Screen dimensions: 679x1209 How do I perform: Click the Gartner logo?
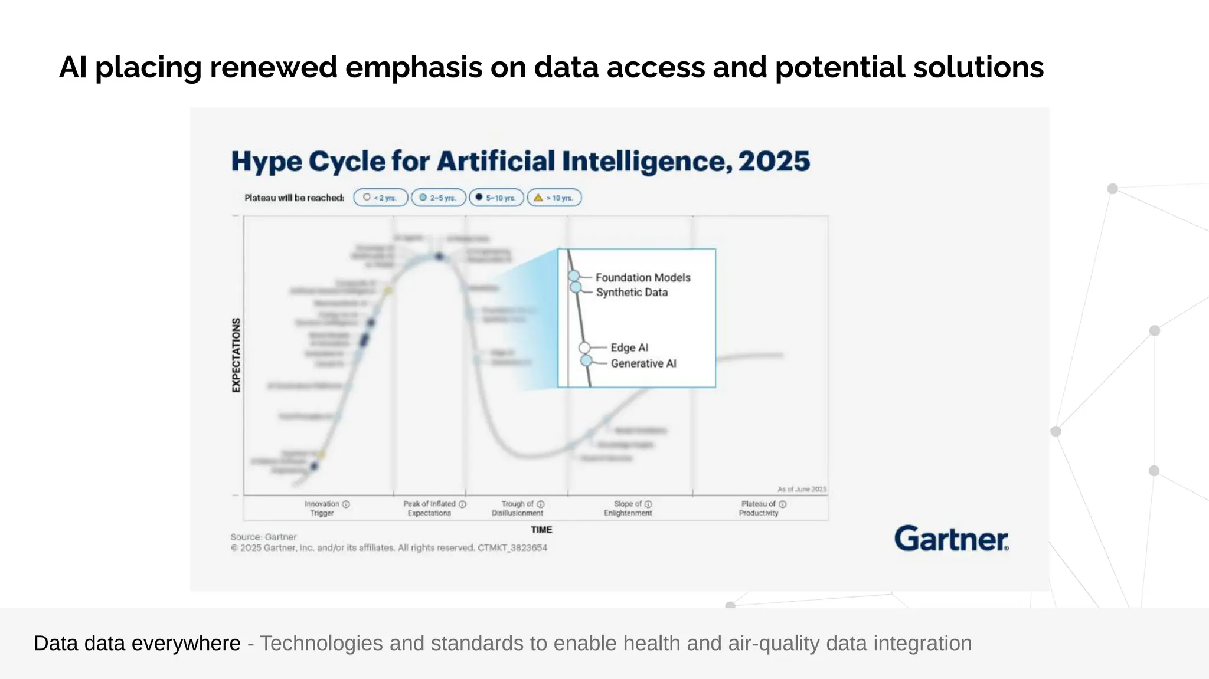point(951,539)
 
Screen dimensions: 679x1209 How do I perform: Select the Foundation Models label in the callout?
point(642,277)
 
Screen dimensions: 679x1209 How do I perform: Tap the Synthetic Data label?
point(631,292)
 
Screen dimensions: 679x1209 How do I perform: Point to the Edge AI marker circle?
point(584,347)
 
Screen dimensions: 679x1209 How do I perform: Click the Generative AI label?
point(643,363)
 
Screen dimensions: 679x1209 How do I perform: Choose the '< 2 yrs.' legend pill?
point(381,198)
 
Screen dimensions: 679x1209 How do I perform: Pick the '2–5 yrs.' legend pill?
point(438,198)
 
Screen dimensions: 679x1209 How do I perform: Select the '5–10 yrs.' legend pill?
point(496,198)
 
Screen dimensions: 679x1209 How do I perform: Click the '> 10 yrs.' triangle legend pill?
point(554,198)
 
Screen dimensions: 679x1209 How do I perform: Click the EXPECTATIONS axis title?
point(236,355)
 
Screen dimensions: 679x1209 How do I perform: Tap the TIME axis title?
point(541,530)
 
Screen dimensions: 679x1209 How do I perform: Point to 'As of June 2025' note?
point(802,489)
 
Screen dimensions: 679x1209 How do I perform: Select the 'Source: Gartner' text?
point(263,537)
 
